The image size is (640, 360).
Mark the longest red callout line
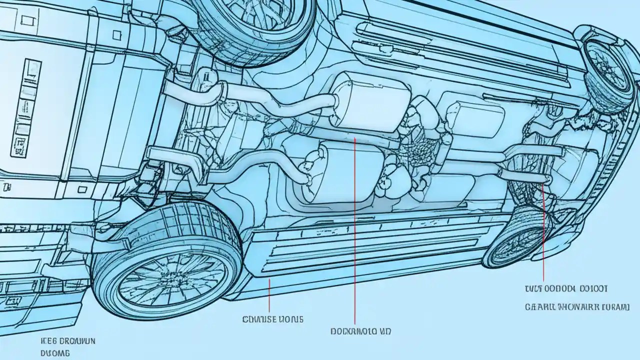pos(355,230)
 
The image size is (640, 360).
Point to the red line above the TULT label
pos(543,230)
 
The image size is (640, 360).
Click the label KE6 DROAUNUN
pos(68,341)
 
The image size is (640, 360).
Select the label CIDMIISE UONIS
pos(272,318)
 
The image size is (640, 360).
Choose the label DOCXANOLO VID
pos(360,331)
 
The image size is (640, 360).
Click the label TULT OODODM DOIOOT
pos(566,288)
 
